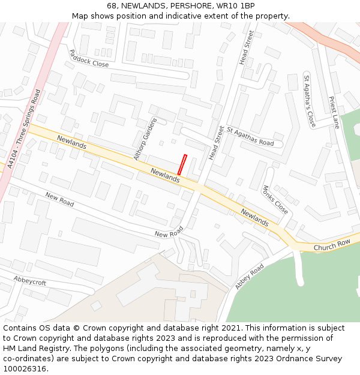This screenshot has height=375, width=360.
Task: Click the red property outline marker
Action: coord(182,165)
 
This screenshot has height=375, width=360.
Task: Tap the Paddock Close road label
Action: coord(89,58)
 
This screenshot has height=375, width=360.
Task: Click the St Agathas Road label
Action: coord(250,136)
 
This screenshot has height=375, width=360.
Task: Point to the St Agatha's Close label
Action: coord(309,101)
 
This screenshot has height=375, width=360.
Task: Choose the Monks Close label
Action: coord(275,199)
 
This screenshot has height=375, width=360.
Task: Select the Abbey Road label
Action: coord(250,277)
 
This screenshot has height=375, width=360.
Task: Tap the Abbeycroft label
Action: coord(29,281)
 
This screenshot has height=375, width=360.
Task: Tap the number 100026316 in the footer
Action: coord(24,369)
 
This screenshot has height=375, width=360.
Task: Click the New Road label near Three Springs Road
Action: coord(59,200)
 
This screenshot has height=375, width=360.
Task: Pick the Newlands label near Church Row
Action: coord(254,217)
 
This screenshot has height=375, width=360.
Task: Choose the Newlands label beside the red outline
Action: coord(165,175)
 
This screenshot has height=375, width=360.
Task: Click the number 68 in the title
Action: coord(112,6)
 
